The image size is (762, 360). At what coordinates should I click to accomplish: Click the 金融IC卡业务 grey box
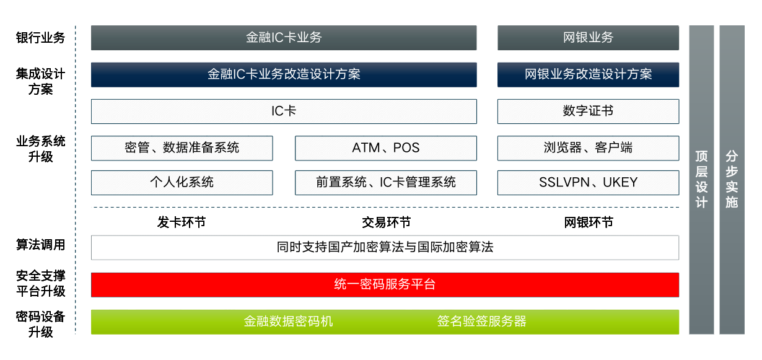tap(284, 38)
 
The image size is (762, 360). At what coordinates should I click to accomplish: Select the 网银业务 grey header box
tap(588, 38)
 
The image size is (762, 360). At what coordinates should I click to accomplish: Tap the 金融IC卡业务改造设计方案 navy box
tap(284, 74)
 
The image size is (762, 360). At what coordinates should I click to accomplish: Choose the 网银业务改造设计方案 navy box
tap(588, 74)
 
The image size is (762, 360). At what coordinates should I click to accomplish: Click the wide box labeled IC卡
tap(284, 112)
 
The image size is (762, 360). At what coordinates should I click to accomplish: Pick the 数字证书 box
tap(588, 112)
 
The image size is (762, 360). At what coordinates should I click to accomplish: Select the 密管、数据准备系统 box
tap(182, 148)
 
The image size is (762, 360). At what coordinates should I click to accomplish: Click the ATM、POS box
tap(386, 148)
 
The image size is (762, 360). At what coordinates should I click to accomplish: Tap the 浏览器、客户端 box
tap(588, 148)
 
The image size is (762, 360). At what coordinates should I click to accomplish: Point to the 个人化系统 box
tap(182, 183)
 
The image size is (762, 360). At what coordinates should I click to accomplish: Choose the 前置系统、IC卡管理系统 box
tap(386, 183)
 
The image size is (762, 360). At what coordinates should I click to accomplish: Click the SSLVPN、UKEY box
tap(588, 183)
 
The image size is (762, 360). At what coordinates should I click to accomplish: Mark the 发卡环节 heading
tap(182, 222)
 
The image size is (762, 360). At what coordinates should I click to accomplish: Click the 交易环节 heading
tap(386, 222)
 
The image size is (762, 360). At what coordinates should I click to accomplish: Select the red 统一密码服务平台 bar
tap(385, 285)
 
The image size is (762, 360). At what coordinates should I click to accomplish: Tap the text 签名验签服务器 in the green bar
tap(482, 321)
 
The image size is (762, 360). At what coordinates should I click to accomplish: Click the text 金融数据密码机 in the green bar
tap(288, 321)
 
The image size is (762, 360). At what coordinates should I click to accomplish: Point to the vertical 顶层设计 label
tap(701, 179)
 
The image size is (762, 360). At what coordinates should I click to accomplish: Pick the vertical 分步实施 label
tap(732, 179)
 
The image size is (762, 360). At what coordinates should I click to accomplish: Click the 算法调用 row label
tap(40, 245)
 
